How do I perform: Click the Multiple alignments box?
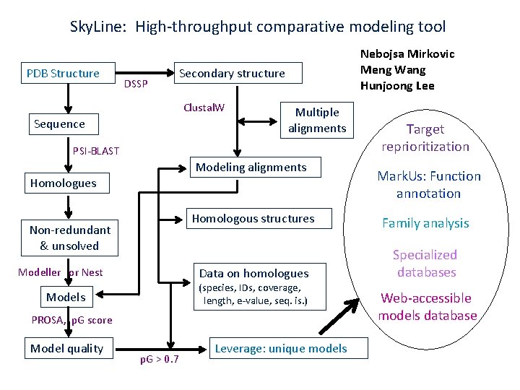pyautogui.click(x=316, y=120)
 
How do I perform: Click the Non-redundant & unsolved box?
pyautogui.click(x=70, y=238)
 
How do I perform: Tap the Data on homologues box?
pyautogui.click(x=255, y=286)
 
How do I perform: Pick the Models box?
pyautogui.click(x=66, y=297)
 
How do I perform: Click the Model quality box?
pyautogui.click(x=66, y=349)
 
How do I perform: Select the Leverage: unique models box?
pyautogui.click(x=282, y=349)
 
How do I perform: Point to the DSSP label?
pyautogui.click(x=136, y=84)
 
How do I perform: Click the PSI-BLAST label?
pyautogui.click(x=96, y=151)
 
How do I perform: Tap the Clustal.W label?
pyautogui.click(x=204, y=108)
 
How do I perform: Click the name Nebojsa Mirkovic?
pyautogui.click(x=407, y=54)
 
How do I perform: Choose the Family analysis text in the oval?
pyautogui.click(x=425, y=223)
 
